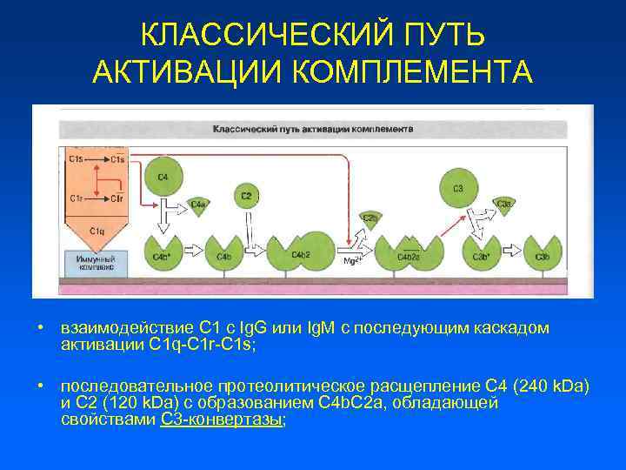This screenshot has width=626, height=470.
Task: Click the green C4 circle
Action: (163, 177)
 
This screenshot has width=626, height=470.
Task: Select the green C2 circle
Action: (247, 196)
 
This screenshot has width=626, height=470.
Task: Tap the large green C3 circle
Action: (458, 186)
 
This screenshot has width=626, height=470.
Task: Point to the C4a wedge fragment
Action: (198, 205)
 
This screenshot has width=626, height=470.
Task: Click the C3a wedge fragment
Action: (504, 205)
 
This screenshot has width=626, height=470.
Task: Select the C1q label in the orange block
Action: (98, 231)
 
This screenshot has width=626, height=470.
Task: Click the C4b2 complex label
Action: (301, 254)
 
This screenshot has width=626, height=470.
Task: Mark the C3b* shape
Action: (479, 255)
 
